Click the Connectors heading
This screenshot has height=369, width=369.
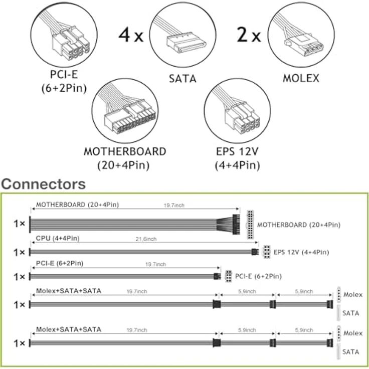(43, 184)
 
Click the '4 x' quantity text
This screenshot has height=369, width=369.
(131, 35)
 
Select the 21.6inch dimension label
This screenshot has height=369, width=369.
(146, 239)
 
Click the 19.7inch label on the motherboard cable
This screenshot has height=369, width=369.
(174, 206)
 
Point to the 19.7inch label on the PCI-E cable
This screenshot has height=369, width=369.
(155, 265)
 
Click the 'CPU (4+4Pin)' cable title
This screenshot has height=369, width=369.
(58, 238)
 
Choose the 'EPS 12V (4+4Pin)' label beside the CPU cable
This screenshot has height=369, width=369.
(301, 252)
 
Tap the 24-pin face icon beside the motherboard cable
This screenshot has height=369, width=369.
(250, 225)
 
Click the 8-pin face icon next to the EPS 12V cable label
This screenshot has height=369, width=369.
(267, 252)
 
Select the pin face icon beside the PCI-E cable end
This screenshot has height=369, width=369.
(228, 276)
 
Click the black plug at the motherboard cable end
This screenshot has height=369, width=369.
(236, 225)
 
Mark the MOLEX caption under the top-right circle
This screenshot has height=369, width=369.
(301, 79)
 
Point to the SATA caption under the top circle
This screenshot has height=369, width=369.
(182, 79)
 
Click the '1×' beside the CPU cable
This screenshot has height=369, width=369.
(19, 253)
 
